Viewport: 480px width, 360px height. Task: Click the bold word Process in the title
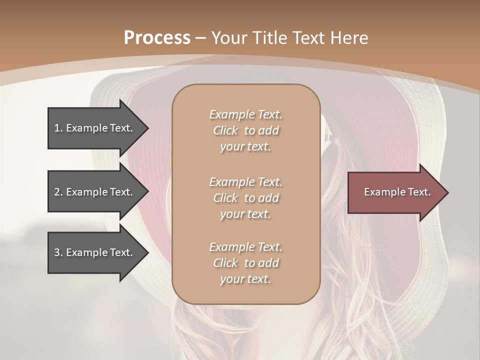(x=157, y=38)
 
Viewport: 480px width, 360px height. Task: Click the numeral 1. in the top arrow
(x=58, y=128)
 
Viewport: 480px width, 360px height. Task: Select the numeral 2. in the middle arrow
(x=58, y=192)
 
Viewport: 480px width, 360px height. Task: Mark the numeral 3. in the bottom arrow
(x=58, y=252)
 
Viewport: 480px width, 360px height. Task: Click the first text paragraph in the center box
(x=245, y=130)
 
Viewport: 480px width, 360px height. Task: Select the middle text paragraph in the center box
(x=245, y=198)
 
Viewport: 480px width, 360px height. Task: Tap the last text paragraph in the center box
(x=245, y=263)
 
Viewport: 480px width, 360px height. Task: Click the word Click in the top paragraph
(x=225, y=130)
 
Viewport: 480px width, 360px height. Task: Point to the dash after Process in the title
(x=200, y=38)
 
